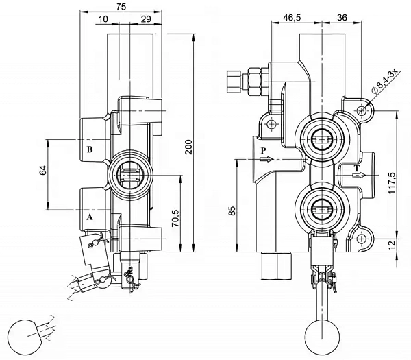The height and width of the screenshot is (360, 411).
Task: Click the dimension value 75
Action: [121, 7]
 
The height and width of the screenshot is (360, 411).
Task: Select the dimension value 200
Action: [189, 147]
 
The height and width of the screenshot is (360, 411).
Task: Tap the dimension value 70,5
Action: [175, 218]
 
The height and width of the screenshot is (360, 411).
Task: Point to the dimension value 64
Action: [43, 170]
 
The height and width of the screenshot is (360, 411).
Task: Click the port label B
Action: [90, 149]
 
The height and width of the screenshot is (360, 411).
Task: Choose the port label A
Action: [90, 217]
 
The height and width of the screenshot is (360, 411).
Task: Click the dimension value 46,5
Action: [292, 18]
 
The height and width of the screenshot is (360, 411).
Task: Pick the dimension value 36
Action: [342, 18]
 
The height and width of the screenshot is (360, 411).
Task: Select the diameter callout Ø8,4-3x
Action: [385, 81]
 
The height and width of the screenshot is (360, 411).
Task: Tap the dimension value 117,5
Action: [392, 183]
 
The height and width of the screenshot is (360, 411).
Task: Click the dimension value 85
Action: [232, 211]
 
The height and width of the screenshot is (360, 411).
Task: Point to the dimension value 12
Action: [391, 245]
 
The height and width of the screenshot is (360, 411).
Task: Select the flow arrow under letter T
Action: [358, 175]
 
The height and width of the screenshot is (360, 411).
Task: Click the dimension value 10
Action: [103, 19]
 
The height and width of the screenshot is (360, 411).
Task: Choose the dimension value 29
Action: [146, 19]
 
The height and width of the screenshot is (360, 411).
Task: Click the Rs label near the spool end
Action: [130, 269]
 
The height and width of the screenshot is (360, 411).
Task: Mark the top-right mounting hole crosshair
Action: [362, 110]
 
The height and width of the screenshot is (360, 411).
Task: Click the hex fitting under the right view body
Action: [276, 265]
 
